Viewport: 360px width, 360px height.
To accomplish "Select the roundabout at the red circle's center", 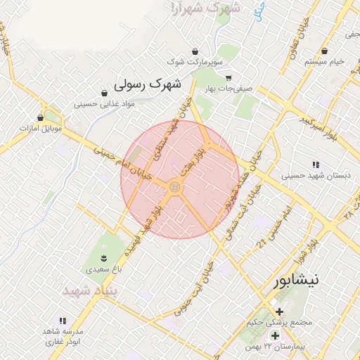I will tap(174, 186).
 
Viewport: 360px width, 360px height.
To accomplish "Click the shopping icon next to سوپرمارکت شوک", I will tap(195, 51).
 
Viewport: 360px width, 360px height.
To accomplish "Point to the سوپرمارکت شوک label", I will tap(195, 63).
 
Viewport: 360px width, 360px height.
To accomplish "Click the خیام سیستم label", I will tap(324, 62).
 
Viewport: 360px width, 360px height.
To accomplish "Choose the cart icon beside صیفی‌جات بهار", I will tap(228, 78).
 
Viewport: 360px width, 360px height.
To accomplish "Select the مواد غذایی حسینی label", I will tap(104, 103).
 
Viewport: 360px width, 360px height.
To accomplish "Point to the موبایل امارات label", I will tap(41, 129).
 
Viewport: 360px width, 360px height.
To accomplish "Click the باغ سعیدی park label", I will tap(104, 269).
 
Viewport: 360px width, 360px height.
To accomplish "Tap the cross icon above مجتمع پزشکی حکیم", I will tap(280, 311).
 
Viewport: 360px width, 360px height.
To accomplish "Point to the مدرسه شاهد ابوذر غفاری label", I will tap(63, 336).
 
